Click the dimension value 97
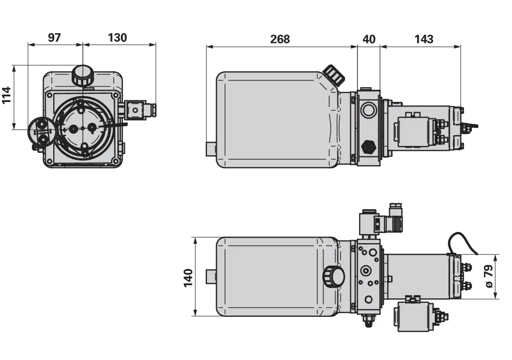pyautogui.click(x=54, y=38)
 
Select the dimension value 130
pyautogui.click(x=117, y=38)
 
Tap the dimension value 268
pyautogui.click(x=280, y=39)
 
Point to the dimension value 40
pyautogui.click(x=369, y=39)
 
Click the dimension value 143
pyautogui.click(x=424, y=39)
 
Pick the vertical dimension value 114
pyautogui.click(x=7, y=95)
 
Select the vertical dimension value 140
pyautogui.click(x=188, y=278)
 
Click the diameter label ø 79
pyautogui.click(x=489, y=276)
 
